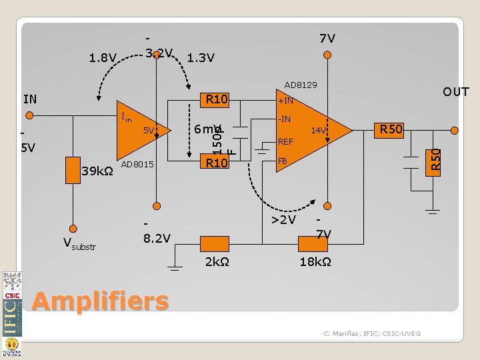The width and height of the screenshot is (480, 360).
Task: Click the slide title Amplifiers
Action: click(x=100, y=301)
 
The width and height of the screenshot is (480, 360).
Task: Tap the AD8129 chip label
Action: click(x=301, y=85)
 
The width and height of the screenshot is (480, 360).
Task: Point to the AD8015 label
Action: click(x=138, y=165)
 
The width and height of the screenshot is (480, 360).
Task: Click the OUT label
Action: click(x=456, y=92)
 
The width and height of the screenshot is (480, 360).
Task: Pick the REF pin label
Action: click(x=285, y=141)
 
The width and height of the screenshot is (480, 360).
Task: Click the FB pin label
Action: click(x=283, y=161)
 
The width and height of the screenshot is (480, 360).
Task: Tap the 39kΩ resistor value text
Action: click(x=97, y=173)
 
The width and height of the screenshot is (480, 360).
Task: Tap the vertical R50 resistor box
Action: click(x=435, y=162)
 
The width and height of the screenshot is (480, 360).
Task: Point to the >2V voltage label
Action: click(x=283, y=219)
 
